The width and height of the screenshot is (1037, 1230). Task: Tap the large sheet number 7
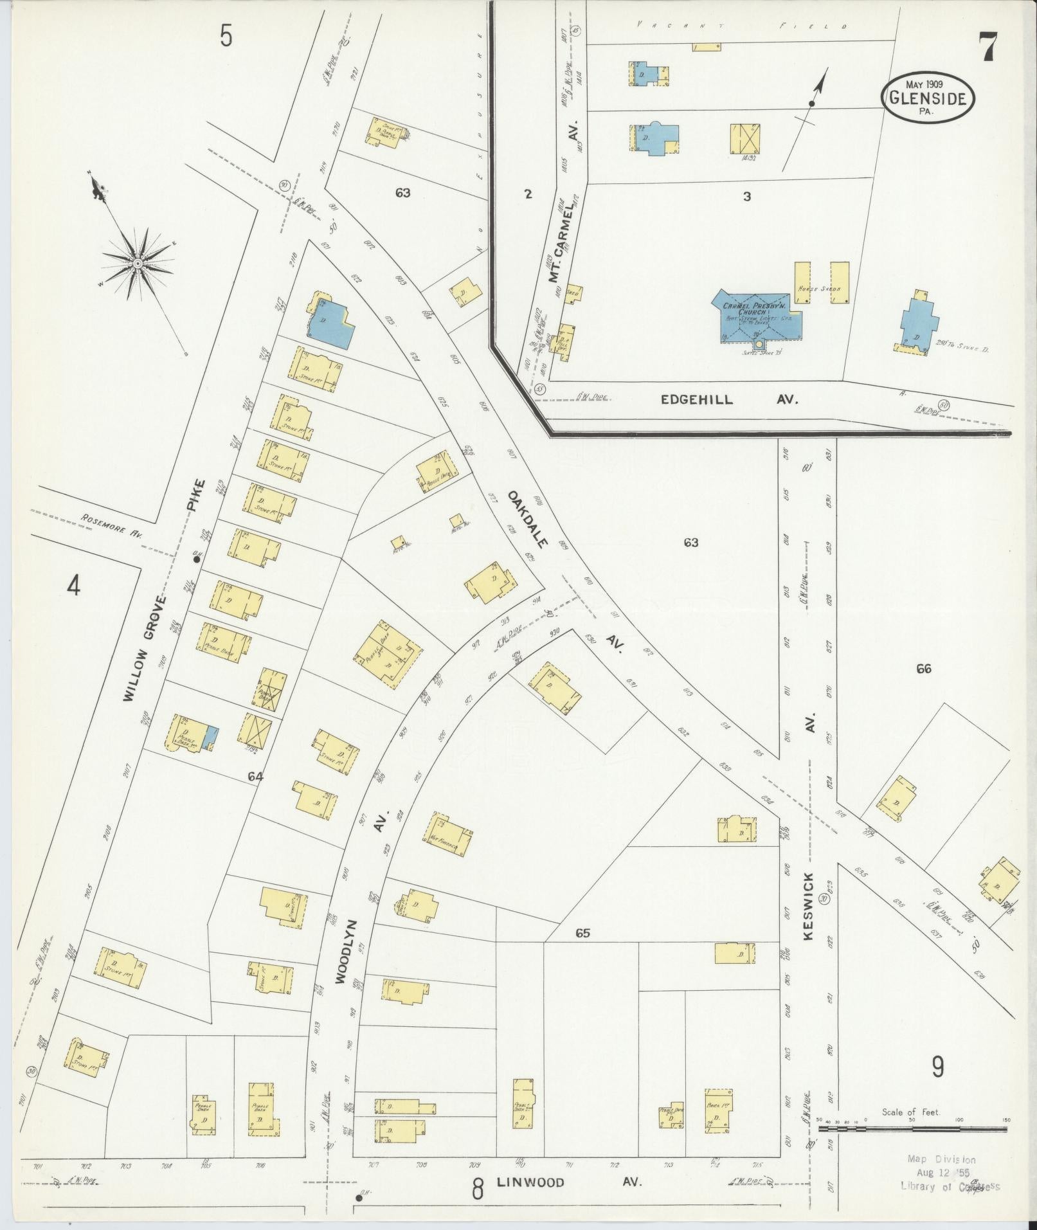click(987, 47)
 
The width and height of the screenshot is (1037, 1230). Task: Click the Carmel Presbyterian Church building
click(757, 314)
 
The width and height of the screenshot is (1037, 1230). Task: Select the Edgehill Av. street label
click(729, 399)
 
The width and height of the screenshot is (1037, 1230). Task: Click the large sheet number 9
click(938, 1067)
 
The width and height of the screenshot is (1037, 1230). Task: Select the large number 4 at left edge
click(75, 586)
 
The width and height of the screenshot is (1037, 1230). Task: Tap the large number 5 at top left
click(226, 36)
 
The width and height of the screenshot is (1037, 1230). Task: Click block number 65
click(582, 933)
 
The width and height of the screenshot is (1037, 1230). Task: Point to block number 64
click(256, 777)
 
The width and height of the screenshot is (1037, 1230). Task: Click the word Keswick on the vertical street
click(808, 906)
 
